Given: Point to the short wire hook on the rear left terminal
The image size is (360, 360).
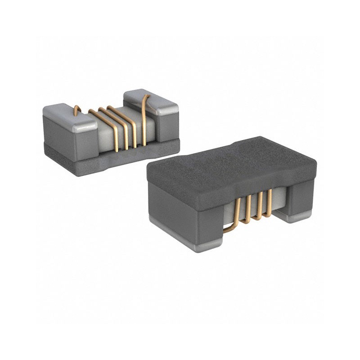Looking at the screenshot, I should [x=76, y=109].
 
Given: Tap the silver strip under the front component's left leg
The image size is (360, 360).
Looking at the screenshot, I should [x=198, y=245].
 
